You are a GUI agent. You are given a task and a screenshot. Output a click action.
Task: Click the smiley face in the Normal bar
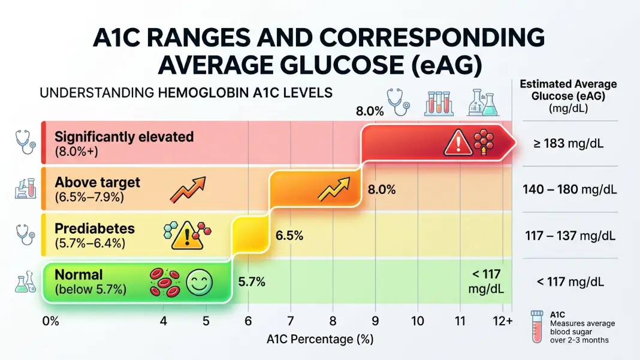tap(199, 282)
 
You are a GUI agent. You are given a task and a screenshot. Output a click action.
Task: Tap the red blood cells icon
tap(165, 282)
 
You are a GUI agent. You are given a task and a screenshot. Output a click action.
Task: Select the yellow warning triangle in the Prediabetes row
tap(187, 236)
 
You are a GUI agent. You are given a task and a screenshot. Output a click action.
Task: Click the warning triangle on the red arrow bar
tap(458, 143)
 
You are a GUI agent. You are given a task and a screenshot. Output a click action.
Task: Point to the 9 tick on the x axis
tap(375, 321)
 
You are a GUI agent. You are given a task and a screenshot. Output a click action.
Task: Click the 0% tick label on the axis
tap(50, 321)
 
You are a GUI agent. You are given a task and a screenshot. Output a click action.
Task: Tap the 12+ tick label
tap(502, 321)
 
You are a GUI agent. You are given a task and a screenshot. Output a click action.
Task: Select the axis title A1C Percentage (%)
tap(320, 339)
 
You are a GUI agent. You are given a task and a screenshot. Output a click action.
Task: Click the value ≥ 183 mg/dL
tap(568, 144)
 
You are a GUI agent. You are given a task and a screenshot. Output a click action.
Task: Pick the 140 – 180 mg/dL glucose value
tap(570, 190)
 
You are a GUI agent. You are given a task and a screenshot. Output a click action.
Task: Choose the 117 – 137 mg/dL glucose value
tap(570, 236)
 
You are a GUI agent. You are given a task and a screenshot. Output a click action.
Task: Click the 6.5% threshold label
tap(289, 235)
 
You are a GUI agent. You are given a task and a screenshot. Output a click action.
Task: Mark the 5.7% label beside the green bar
tap(252, 282)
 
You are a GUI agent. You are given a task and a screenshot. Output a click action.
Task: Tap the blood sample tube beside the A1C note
tap(537, 326)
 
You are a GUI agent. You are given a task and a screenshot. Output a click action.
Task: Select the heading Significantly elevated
tap(124, 137)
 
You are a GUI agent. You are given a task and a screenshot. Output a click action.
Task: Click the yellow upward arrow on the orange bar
tap(334, 189)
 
